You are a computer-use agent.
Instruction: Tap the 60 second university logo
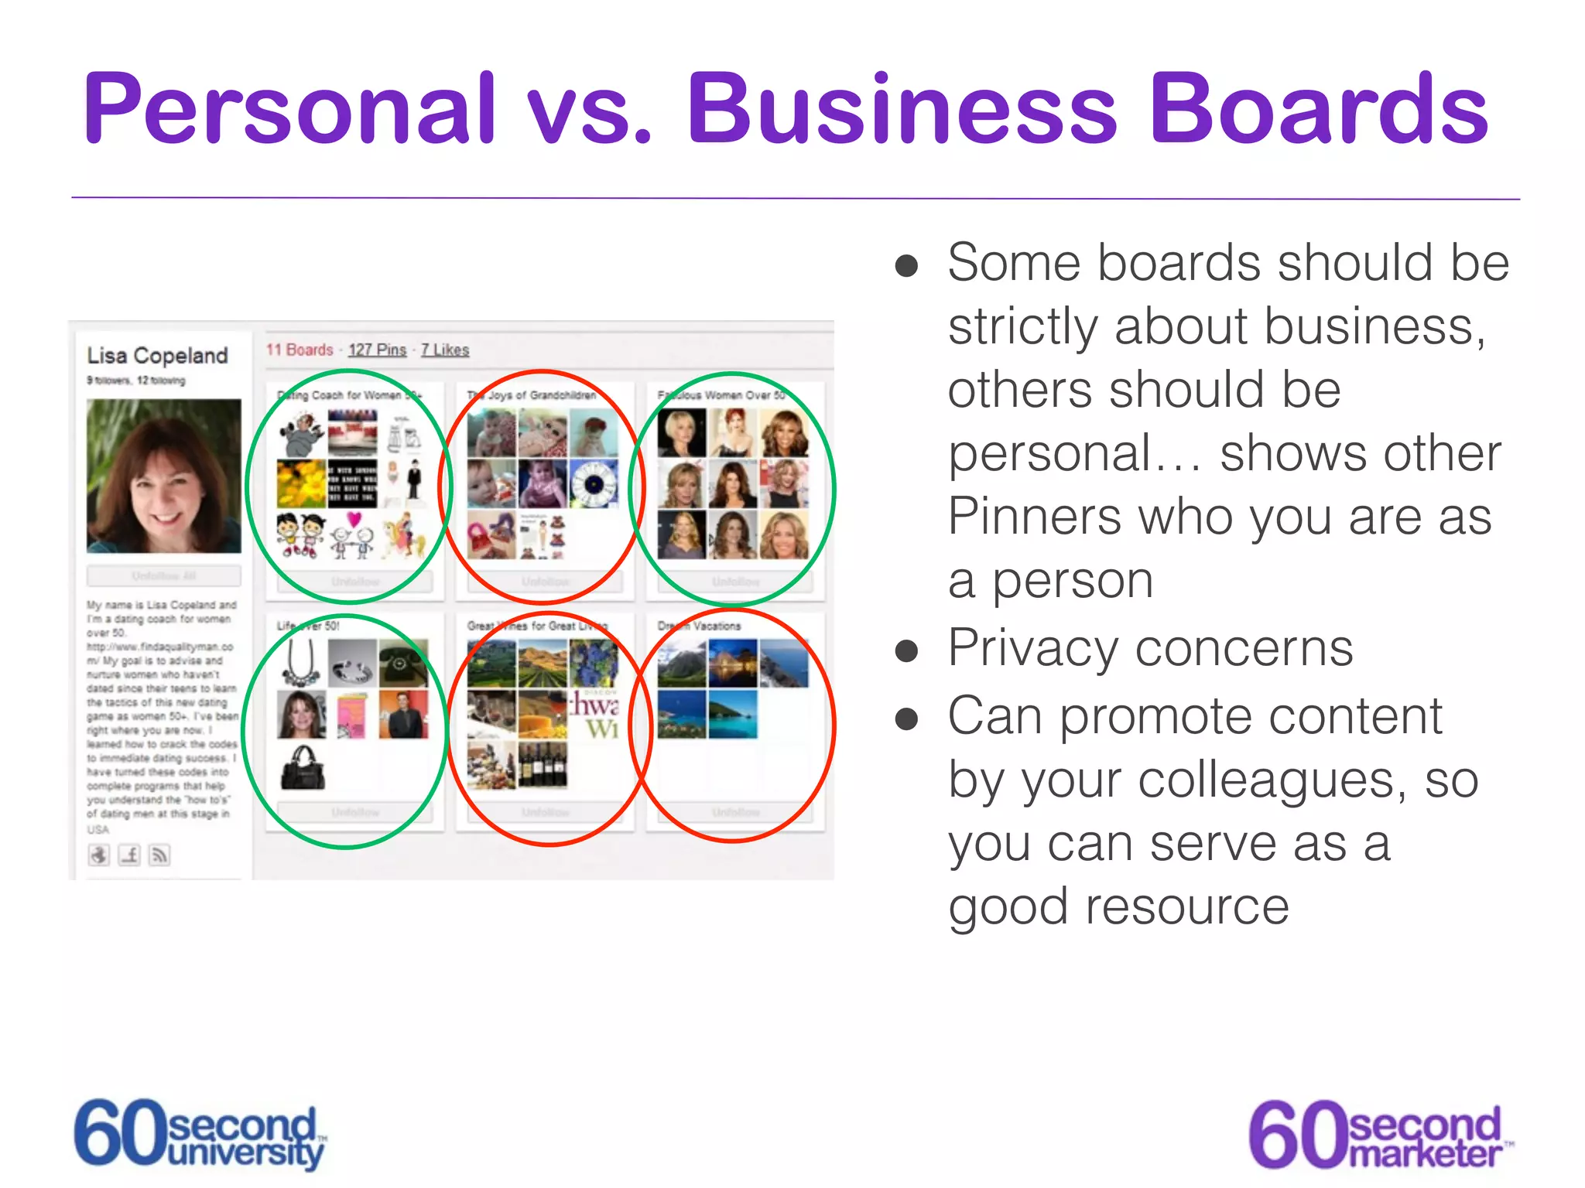pos(200,1134)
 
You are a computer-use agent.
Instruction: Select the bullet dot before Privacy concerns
pos(905,650)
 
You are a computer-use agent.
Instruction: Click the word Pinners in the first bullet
pos(1034,516)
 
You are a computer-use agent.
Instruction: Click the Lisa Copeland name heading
pos(157,356)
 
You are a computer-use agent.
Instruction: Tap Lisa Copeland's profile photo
pos(163,476)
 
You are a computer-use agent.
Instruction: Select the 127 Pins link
pos(377,350)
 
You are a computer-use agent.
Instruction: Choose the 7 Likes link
pos(445,350)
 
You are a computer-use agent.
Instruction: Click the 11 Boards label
pos(300,350)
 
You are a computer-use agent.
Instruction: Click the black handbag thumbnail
pos(302,766)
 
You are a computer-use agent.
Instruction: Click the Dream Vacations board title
pos(699,626)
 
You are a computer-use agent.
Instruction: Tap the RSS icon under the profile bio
pos(159,855)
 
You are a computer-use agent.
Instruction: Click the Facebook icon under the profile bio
pos(129,855)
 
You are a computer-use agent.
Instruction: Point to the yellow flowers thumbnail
pos(301,483)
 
